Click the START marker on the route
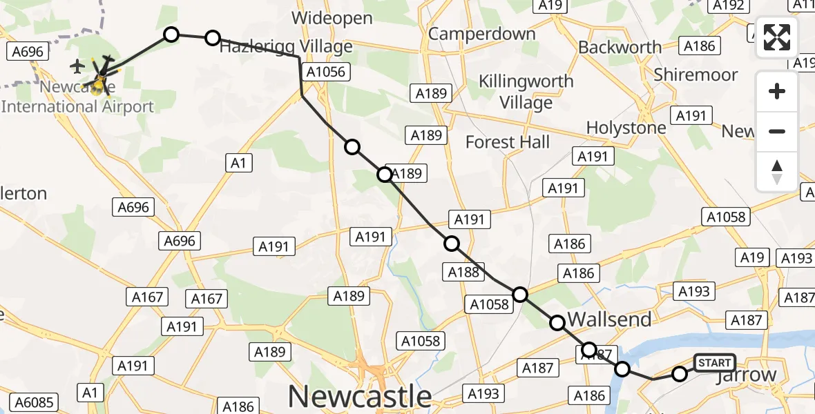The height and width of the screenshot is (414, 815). pyautogui.click(x=714, y=363)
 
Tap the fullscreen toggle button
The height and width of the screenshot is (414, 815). pyautogui.click(x=777, y=37)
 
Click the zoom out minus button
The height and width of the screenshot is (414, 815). pyautogui.click(x=777, y=131)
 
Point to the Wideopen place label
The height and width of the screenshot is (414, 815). pyautogui.click(x=332, y=18)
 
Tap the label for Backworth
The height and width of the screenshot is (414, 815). pyautogui.click(x=620, y=47)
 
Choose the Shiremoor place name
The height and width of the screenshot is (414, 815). pyautogui.click(x=696, y=75)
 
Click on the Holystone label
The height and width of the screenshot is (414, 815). pyautogui.click(x=626, y=128)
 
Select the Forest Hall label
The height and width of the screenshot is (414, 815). pyautogui.click(x=508, y=142)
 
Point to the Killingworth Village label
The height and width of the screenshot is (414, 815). pyautogui.click(x=526, y=92)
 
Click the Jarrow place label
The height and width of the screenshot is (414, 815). pyautogui.click(x=747, y=376)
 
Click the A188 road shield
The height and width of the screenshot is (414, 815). pyautogui.click(x=463, y=272)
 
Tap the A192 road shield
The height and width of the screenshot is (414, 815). pyautogui.click(x=729, y=6)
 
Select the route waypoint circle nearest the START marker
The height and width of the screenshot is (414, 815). pyautogui.click(x=680, y=374)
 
